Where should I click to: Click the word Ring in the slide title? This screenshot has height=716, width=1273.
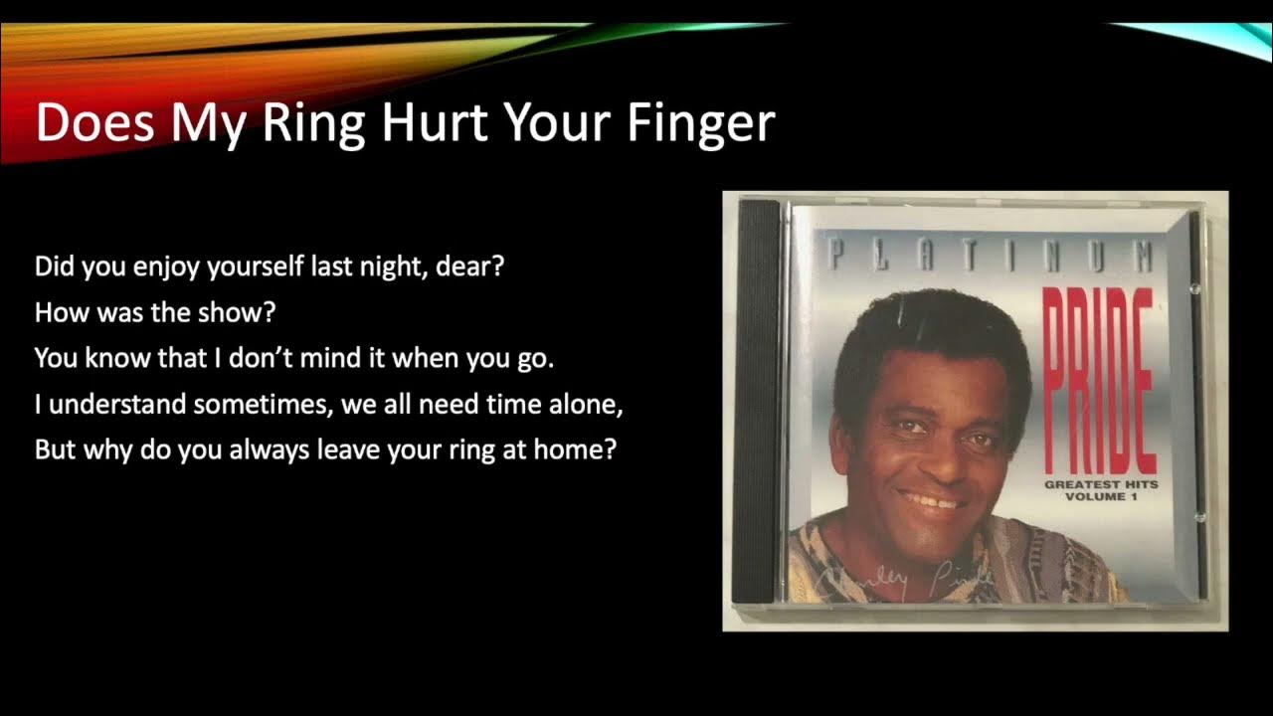click(x=314, y=123)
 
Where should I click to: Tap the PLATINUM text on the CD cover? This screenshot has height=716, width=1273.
click(x=991, y=257)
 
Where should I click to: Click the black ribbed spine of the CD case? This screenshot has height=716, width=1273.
click(x=760, y=398)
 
